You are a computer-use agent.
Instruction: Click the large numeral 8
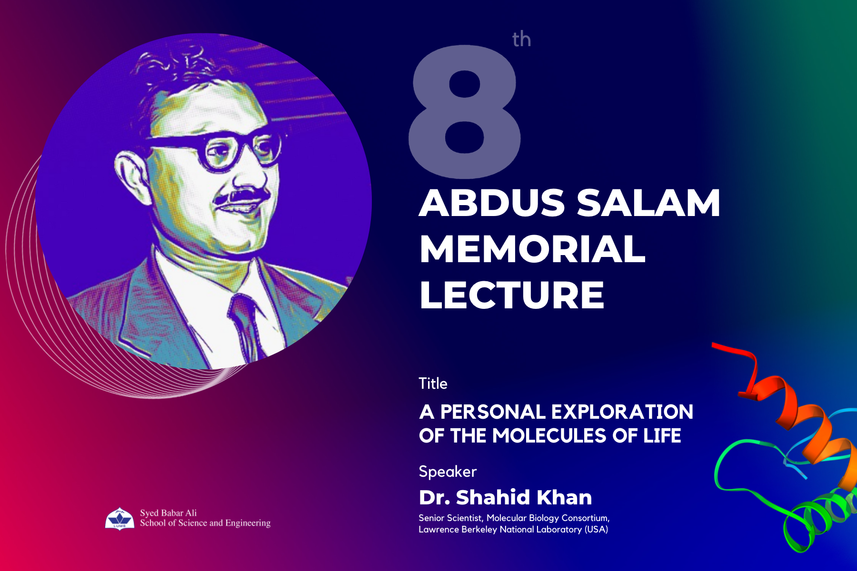pos(465,111)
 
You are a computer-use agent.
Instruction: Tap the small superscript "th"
pos(521,39)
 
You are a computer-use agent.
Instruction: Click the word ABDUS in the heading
pos(492,203)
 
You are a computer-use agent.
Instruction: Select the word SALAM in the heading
pos(648,203)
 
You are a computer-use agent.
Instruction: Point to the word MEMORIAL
pos(532,249)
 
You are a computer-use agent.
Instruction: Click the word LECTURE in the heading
pos(512,295)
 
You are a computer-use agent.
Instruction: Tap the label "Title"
pos(433,384)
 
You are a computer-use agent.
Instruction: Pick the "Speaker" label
pos(448,472)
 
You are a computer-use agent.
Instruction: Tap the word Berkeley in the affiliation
pos(479,530)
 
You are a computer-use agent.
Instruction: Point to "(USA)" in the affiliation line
pos(596,530)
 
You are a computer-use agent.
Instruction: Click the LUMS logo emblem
pos(120,519)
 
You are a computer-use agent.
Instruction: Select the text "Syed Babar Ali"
pos(168,513)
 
